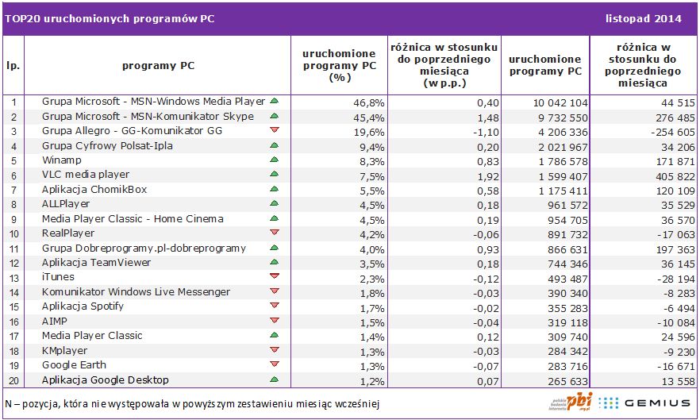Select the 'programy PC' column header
tap(158, 66)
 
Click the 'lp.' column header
tap(13, 66)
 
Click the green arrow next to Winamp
tap(274, 160)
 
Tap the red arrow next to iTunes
tap(274, 276)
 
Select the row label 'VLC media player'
tap(85, 175)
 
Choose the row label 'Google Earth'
tap(74, 364)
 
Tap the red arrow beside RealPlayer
tap(274, 233)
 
